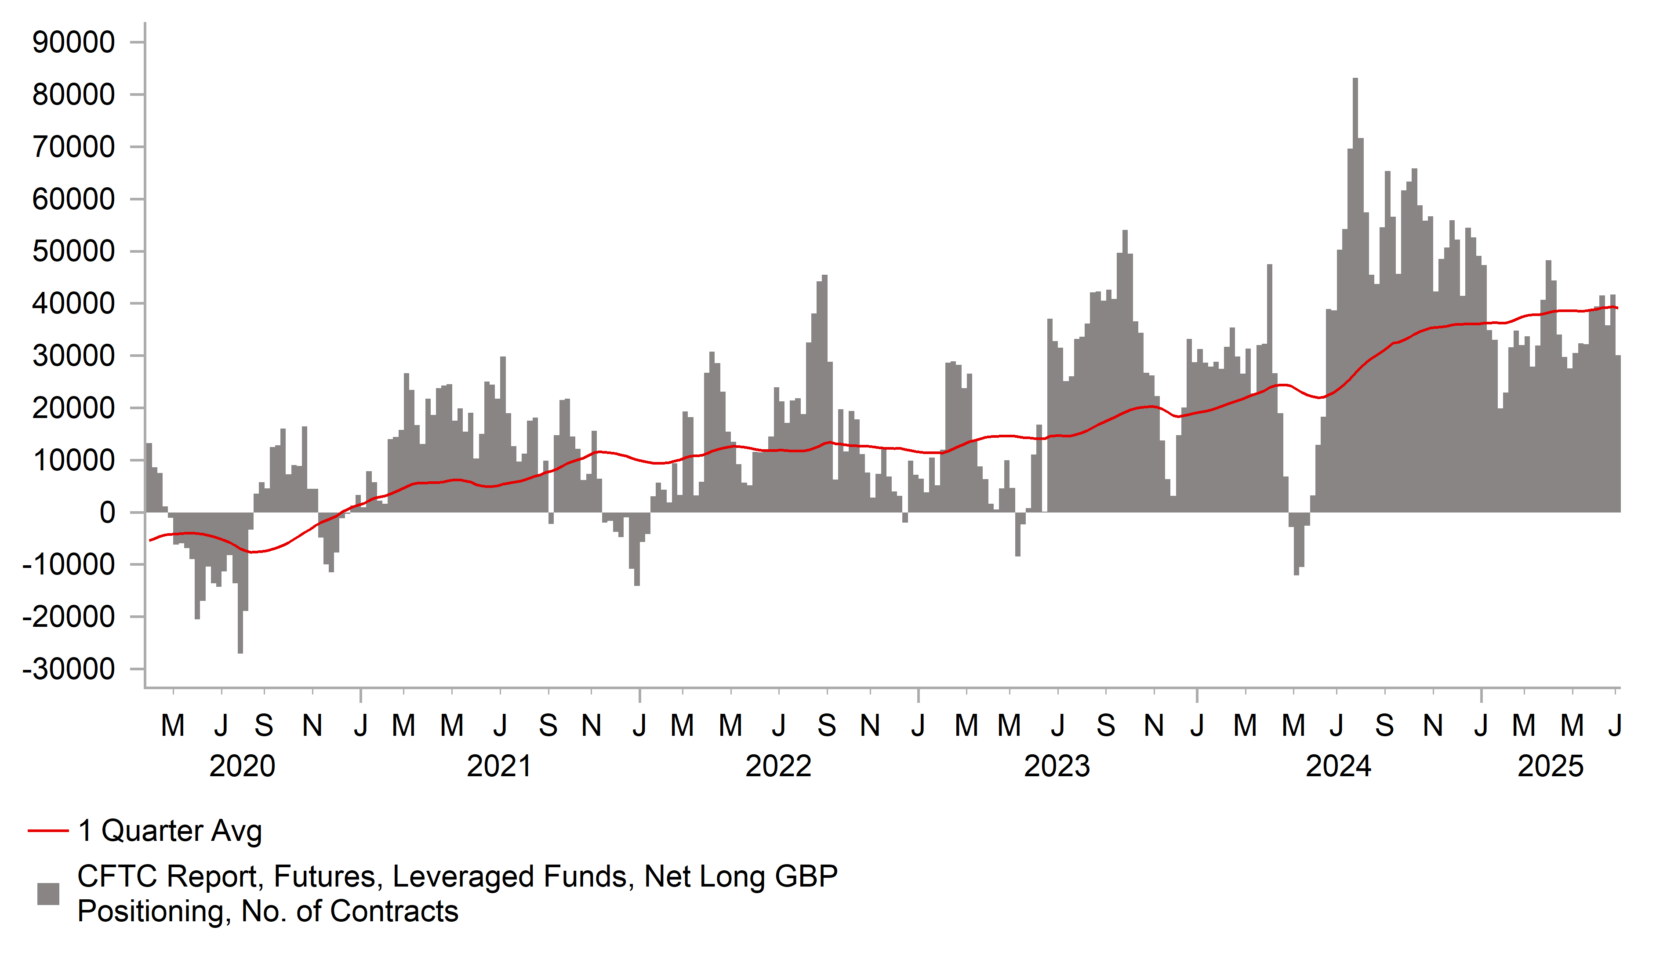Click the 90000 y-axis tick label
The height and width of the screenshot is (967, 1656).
click(73, 42)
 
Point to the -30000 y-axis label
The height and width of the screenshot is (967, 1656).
click(69, 670)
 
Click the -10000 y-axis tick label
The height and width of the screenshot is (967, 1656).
click(69, 565)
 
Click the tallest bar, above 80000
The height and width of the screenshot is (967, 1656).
click(1355, 197)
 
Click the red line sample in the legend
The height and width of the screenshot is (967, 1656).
click(48, 831)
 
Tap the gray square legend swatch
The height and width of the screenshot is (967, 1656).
click(48, 894)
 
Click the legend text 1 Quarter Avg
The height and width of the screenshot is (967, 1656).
click(170, 831)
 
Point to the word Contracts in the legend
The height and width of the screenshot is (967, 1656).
click(394, 912)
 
